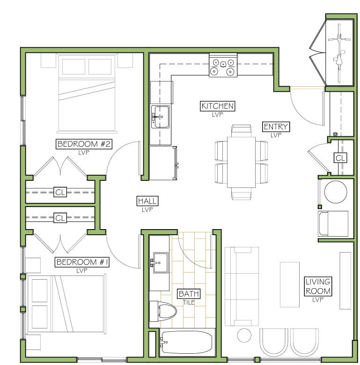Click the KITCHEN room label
point(217,106)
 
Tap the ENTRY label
point(276,127)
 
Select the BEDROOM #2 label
point(84,144)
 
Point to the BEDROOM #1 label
point(82,262)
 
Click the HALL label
point(147,201)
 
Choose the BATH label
point(189,293)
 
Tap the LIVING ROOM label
point(318,286)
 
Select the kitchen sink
point(160,117)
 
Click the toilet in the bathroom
point(162,311)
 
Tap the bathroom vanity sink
point(160,262)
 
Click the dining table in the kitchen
point(241,162)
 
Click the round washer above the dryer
point(336,192)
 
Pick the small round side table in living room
point(244,335)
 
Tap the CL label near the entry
point(340,158)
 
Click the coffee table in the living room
point(289,284)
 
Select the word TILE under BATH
point(189,302)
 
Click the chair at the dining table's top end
point(242,131)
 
